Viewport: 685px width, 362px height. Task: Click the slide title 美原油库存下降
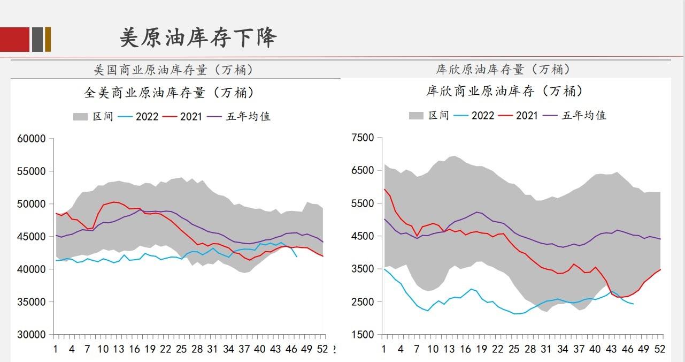198,38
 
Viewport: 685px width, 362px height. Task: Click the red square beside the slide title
14,39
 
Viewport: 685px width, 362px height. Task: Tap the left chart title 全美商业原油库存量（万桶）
169,93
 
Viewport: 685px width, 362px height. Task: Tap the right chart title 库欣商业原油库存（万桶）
504,92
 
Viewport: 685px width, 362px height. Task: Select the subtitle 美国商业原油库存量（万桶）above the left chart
173,70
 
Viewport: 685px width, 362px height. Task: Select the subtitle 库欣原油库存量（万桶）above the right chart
503,69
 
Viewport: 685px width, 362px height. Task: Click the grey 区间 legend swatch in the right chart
416,116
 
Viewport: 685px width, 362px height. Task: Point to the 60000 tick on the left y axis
32,139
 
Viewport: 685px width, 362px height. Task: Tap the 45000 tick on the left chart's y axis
32,237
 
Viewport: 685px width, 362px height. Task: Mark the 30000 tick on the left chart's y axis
32,335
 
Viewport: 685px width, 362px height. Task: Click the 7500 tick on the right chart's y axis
363,138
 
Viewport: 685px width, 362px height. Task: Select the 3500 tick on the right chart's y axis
363,269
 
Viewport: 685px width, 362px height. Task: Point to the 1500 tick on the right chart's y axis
363,335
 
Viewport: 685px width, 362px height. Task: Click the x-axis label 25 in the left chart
181,349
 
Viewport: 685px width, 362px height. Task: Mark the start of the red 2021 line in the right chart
384,189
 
